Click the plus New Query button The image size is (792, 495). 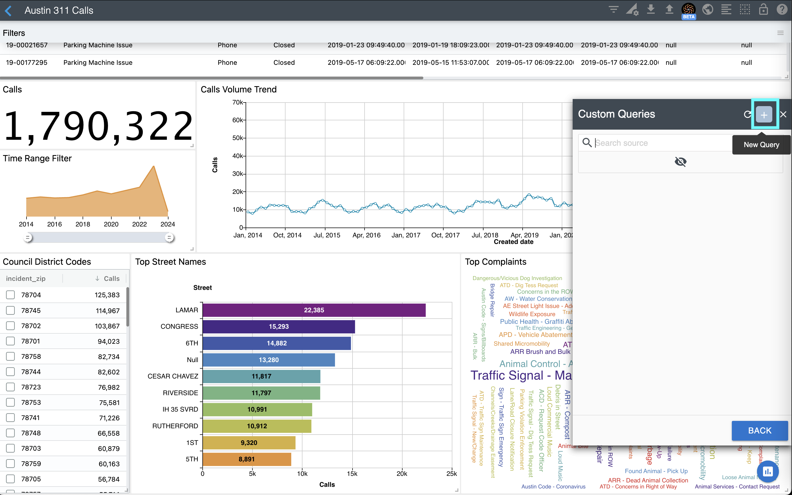click(x=764, y=115)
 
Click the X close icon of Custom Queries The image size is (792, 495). click(x=783, y=115)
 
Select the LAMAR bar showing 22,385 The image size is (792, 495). click(x=314, y=310)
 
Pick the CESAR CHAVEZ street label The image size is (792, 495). click(x=173, y=376)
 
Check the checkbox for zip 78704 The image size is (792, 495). click(x=10, y=295)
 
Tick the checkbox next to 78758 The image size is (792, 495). click(x=10, y=357)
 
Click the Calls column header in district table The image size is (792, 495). click(x=111, y=279)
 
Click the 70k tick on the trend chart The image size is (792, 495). click(x=238, y=103)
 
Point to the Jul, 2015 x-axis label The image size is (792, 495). click(x=327, y=235)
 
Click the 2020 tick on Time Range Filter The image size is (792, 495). click(x=111, y=224)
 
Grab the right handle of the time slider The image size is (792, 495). click(x=169, y=238)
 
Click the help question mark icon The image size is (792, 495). click(x=782, y=10)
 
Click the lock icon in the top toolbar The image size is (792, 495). click(x=763, y=10)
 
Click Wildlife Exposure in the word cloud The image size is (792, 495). click(x=532, y=314)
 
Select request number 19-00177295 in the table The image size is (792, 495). click(x=27, y=63)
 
